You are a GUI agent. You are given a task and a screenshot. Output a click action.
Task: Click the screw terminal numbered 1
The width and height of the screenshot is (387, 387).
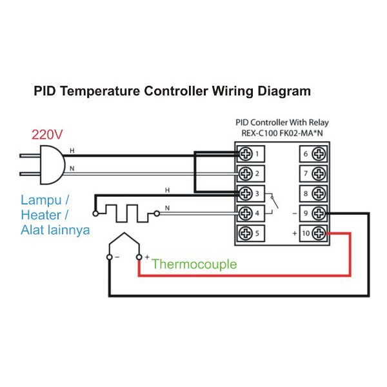pos(246,154)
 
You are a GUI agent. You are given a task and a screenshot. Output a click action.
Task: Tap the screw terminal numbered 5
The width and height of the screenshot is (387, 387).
pos(246,233)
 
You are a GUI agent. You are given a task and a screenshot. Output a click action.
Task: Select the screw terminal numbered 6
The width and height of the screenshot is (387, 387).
pos(317,154)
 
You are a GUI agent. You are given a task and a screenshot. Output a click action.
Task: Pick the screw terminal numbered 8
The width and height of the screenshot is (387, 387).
pos(317,193)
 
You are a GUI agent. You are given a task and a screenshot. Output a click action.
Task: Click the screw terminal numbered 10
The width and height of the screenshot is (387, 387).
pos(317,233)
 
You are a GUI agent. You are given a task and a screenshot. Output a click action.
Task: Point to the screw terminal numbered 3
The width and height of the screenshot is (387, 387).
pos(246,193)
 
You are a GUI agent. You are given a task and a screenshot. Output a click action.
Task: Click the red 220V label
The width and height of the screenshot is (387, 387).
pos(47,135)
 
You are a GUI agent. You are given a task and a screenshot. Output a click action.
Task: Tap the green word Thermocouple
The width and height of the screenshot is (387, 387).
pos(194,264)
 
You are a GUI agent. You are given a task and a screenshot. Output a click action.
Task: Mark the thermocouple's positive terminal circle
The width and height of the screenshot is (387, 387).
pos(139,257)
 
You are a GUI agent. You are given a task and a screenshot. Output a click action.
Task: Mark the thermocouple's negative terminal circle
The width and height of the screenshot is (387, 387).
pos(109,257)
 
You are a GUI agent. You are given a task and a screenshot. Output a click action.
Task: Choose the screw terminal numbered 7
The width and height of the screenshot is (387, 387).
pos(317,174)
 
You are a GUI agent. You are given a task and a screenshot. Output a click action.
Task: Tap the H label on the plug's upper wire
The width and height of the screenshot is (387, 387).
pos(72,151)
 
